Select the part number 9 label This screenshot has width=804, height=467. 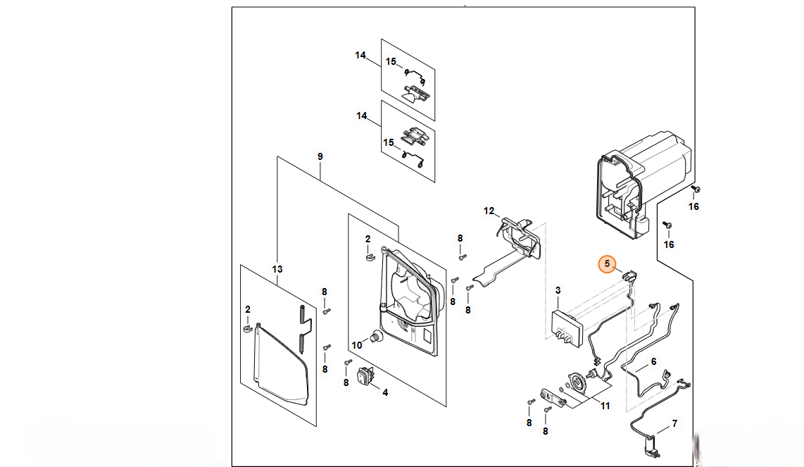pos(320,156)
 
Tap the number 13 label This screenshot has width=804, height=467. pos(277,269)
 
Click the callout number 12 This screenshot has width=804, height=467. pos(489,211)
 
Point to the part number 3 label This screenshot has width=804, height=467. pos(558,290)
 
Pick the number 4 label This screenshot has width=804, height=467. pos(384,392)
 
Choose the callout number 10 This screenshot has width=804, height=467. pos(356,345)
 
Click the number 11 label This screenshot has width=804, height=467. pos(605,405)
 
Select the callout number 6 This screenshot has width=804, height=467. pos(653,361)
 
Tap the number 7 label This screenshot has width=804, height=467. pos(674,424)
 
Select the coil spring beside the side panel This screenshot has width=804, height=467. pos(303,328)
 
